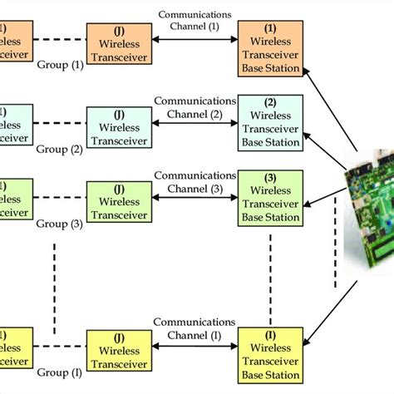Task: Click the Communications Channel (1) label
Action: tap(195, 18)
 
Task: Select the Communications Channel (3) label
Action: tap(195, 181)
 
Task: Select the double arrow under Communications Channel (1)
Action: tap(195, 37)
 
